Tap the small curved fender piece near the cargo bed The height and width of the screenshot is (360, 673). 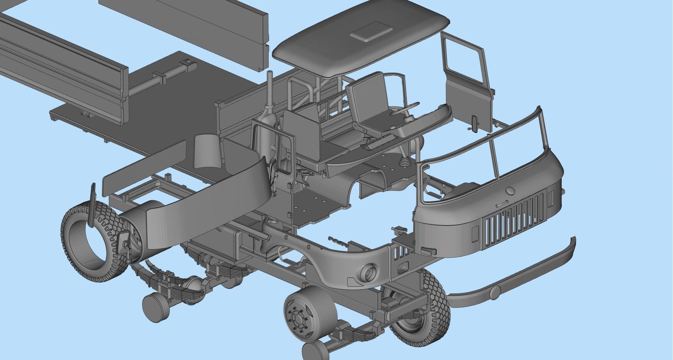point(206,151)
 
